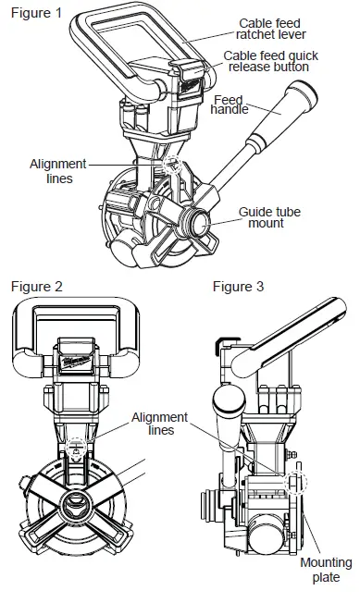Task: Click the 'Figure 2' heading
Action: (x=34, y=287)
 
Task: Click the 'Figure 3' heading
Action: (x=238, y=287)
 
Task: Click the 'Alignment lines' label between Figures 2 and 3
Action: (x=159, y=425)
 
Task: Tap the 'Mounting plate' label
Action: (x=326, y=570)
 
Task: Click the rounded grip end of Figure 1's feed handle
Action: (x=302, y=92)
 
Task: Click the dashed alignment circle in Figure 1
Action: (x=170, y=165)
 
